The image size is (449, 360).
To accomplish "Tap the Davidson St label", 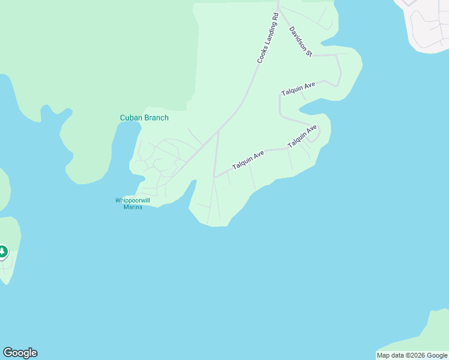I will tap(301, 41).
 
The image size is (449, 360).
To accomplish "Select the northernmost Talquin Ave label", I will tap(298, 89).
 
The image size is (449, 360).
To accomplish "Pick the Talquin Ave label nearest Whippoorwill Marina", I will tap(248, 160).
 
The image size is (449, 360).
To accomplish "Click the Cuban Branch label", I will tap(144, 118).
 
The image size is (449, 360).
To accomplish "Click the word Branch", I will tap(156, 118).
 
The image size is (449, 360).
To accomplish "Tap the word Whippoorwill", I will tap(133, 200).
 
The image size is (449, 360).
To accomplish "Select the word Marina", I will tap(133, 207).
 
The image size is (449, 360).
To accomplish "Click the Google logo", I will tap(20, 353).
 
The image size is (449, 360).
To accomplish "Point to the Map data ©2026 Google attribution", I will tap(412, 355).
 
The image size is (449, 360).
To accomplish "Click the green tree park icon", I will tap(2, 251).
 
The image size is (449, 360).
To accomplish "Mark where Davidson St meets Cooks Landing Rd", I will tap(279, 8).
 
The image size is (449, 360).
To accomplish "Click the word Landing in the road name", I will tap(268, 37).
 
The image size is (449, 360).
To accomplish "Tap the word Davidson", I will tap(298, 37).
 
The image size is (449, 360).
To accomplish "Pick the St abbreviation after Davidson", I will tap(309, 53).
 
